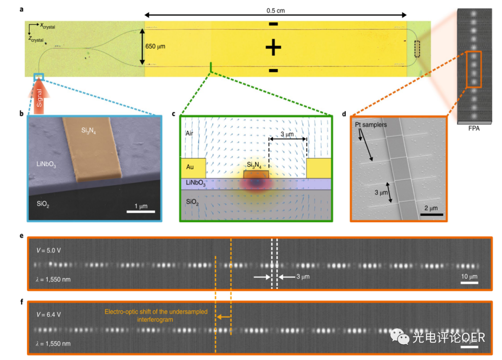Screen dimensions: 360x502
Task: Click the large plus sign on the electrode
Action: click(x=273, y=48)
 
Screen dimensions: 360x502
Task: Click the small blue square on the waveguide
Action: click(x=39, y=77)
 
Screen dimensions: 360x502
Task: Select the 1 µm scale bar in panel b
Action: click(x=141, y=211)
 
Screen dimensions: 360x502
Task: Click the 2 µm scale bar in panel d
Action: click(x=432, y=214)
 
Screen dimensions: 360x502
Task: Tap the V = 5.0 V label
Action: click(x=49, y=250)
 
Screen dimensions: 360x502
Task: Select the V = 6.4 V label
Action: click(x=49, y=314)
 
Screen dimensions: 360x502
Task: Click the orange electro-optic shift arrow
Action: click(x=224, y=317)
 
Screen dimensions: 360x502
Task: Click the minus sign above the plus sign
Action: click(x=273, y=24)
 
